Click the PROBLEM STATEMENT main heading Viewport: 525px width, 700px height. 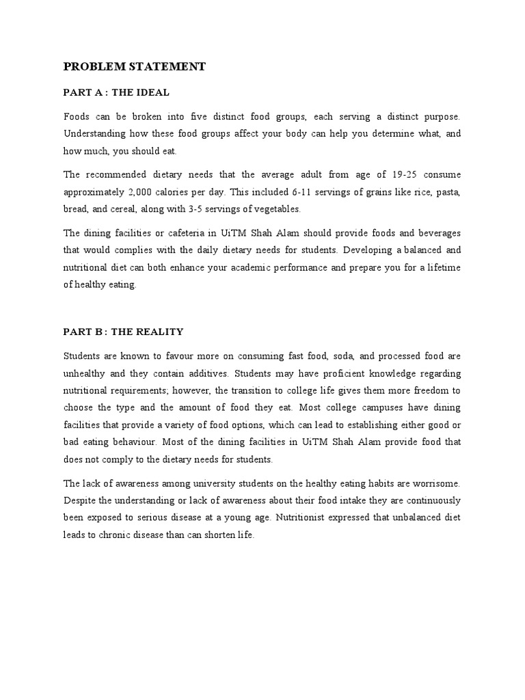[134, 66]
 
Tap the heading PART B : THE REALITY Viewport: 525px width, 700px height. [123, 332]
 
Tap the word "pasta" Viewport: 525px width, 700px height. [448, 191]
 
